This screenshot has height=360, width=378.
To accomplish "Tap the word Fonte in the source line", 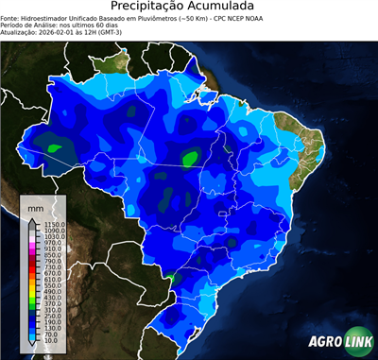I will [x=10, y=18].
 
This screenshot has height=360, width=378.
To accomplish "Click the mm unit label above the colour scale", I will [x=35, y=205].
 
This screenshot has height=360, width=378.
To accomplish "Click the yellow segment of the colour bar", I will [x=31, y=282].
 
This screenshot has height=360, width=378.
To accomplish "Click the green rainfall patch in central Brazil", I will [x=192, y=157].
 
